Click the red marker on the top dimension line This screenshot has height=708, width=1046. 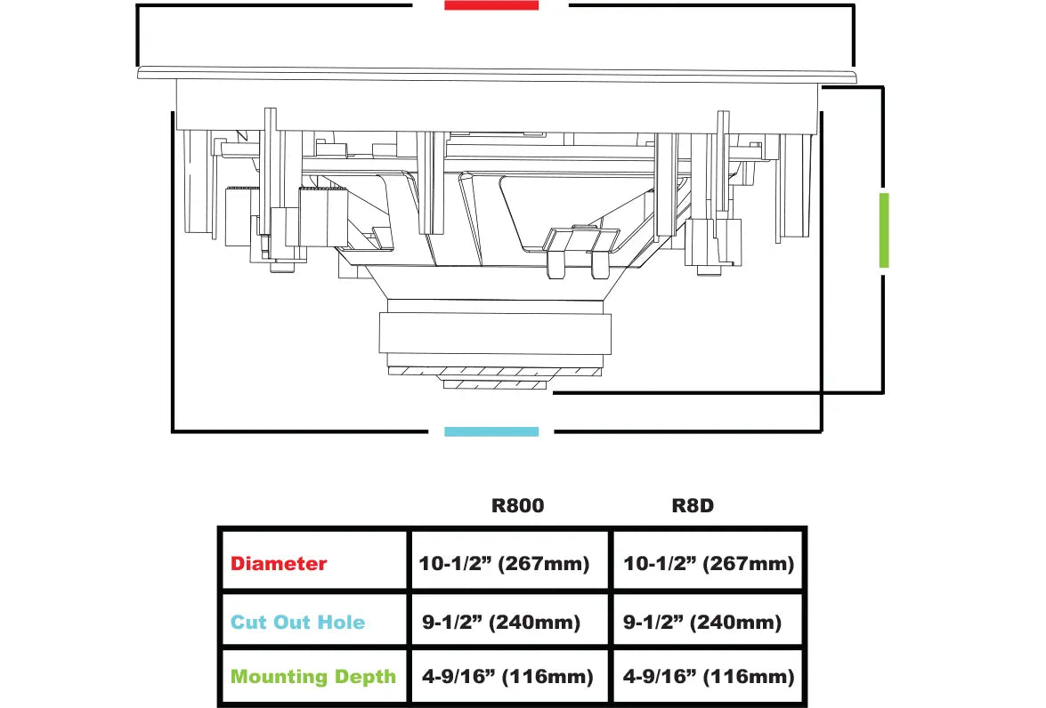[x=491, y=5]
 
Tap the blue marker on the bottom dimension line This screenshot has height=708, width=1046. [x=491, y=431]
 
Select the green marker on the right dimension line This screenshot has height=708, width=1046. [x=884, y=230]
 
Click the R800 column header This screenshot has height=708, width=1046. [x=518, y=505]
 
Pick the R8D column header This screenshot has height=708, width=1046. [x=693, y=505]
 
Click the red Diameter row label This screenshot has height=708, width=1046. [x=279, y=564]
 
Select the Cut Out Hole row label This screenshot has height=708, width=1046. [x=297, y=622]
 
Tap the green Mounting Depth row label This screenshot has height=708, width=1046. [x=312, y=677]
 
